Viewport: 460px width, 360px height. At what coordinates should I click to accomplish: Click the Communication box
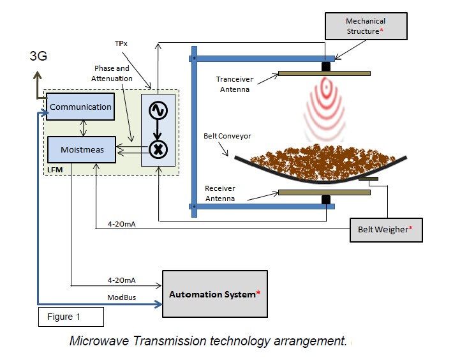[x=80, y=107]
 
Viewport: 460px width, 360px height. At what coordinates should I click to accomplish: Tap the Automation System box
[x=215, y=294]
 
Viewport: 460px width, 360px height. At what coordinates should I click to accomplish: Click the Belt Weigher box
[x=386, y=229]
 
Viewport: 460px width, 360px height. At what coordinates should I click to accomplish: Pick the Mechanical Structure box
[x=366, y=26]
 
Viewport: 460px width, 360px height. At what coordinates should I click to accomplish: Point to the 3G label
[x=39, y=56]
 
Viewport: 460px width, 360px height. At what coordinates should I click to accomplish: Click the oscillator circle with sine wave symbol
[x=157, y=110]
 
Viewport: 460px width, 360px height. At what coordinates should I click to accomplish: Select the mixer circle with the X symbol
[x=157, y=149]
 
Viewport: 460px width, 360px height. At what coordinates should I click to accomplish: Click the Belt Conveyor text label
[x=228, y=136]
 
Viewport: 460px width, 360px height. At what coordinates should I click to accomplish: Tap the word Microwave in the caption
[x=98, y=341]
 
